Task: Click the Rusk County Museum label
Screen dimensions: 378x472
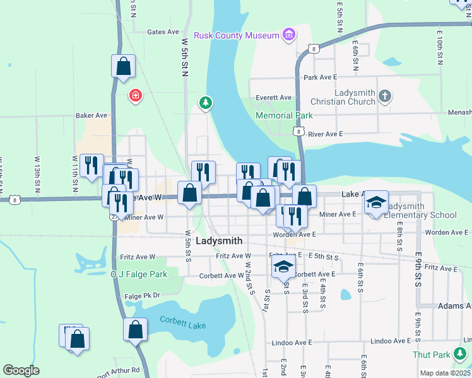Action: pos(237,35)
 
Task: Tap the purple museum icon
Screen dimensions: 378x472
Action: pos(289,34)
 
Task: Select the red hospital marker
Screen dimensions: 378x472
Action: pos(135,96)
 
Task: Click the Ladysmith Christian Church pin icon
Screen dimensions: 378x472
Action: pos(385,96)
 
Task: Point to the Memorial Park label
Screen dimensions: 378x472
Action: pos(284,115)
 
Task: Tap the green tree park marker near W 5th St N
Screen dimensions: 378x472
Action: pos(205,102)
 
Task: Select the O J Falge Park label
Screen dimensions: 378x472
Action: pos(139,274)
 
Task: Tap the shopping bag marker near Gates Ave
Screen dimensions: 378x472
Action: pos(124,66)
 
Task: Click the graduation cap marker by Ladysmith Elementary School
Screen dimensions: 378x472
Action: pos(376,202)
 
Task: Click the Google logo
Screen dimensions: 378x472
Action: pos(21,370)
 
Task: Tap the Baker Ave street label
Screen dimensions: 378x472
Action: pos(92,116)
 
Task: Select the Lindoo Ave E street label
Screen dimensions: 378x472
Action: pos(292,343)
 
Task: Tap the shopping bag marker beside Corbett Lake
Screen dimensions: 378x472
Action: pos(136,329)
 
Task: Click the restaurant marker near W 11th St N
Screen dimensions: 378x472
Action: pos(92,166)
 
